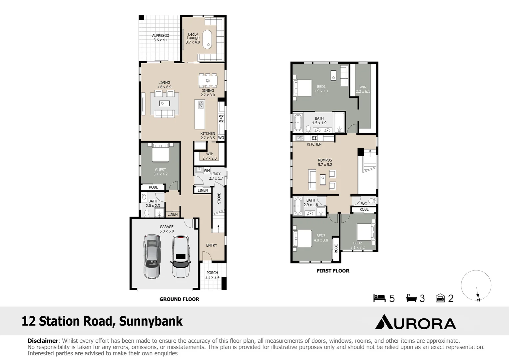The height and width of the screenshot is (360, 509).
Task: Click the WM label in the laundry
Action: point(207,171)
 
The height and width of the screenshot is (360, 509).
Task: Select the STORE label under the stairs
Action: point(219,198)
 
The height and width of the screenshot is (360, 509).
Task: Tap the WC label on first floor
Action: point(364,204)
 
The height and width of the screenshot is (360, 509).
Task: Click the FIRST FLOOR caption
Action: point(333,271)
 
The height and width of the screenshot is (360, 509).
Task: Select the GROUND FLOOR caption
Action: point(179,299)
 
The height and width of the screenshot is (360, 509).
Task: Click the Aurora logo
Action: point(415,322)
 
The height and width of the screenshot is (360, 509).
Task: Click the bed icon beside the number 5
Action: point(379,298)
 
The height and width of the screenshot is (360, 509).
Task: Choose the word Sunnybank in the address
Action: point(151,321)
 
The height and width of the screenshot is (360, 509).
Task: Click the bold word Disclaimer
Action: point(43,341)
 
